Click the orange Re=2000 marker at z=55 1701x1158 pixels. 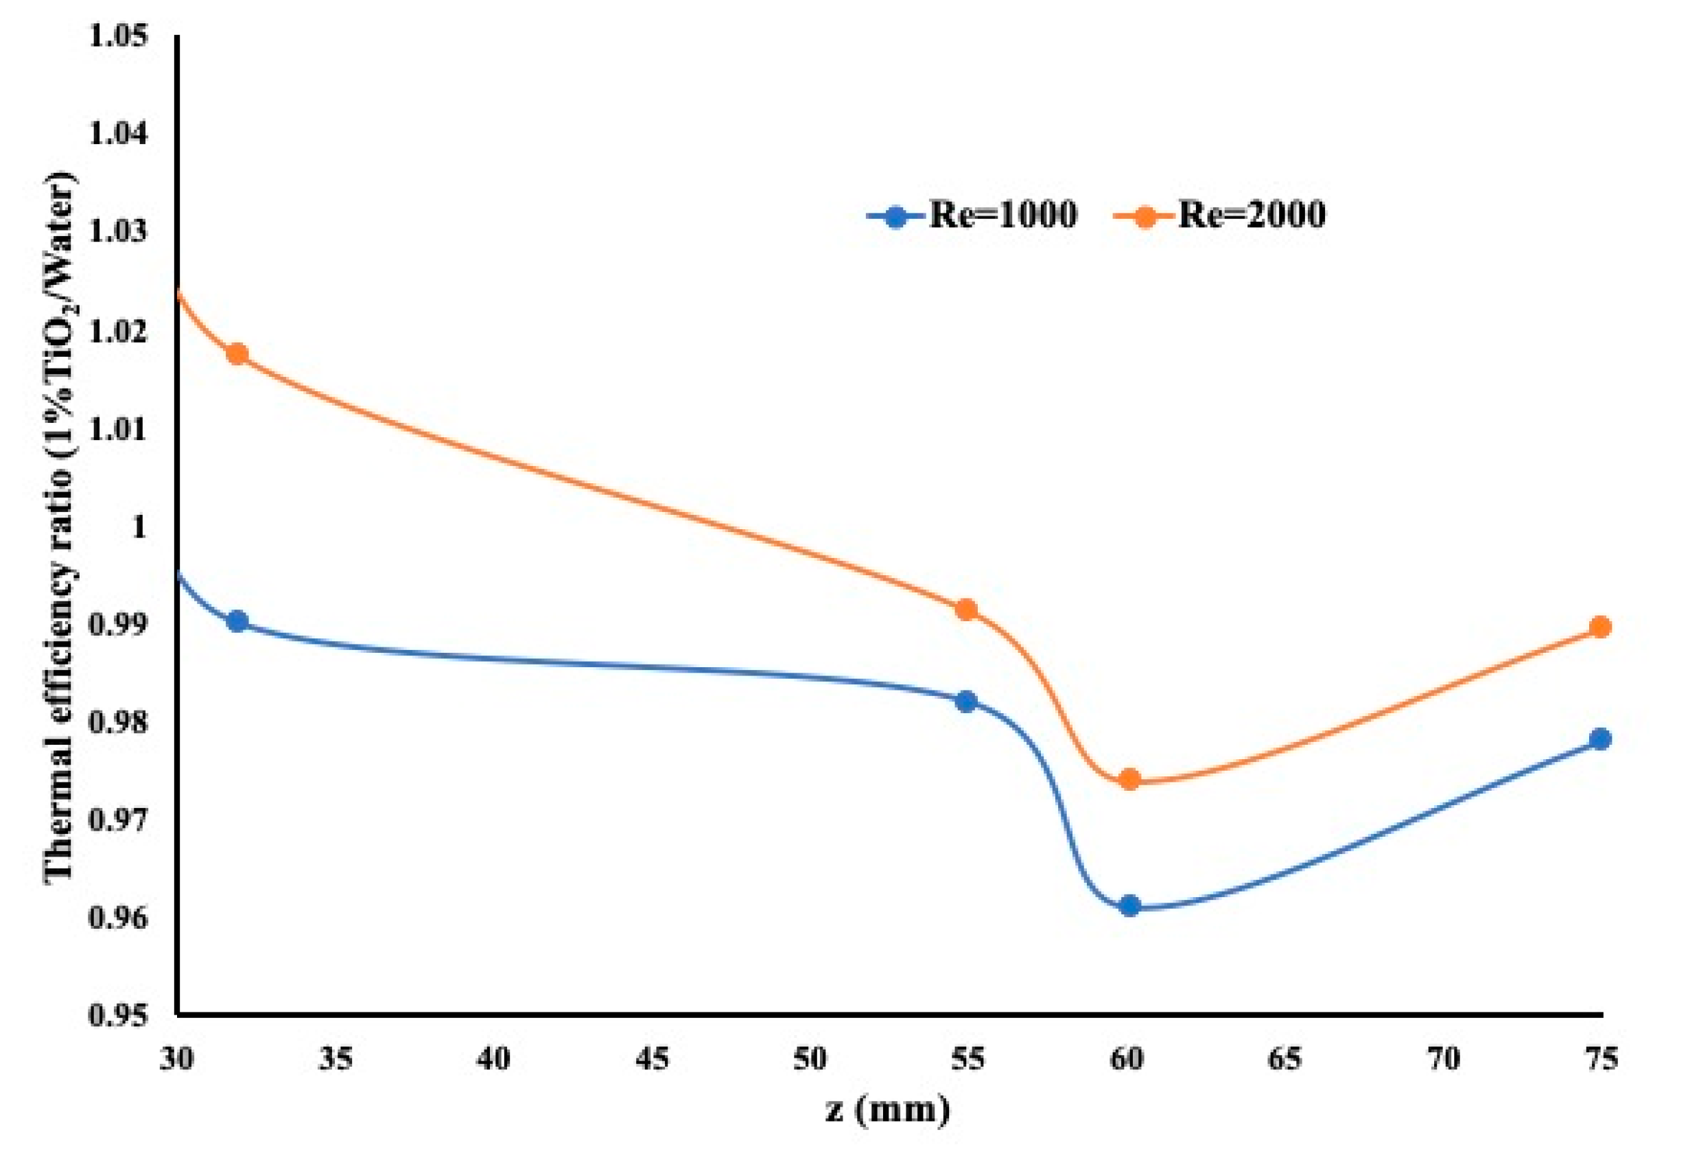[967, 609]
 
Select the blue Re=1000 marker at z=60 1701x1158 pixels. [1130, 905]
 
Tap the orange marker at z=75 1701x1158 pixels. [1601, 627]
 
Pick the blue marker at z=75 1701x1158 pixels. [1601, 739]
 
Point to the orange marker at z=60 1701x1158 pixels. [1130, 779]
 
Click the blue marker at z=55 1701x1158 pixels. [967, 702]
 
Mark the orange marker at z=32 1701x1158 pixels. [237, 354]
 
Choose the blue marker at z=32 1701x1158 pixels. [237, 622]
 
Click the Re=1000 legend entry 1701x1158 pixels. [974, 216]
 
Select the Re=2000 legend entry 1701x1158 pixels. [1221, 216]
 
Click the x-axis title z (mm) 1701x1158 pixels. [888, 1110]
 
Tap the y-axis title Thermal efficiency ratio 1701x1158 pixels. [62, 527]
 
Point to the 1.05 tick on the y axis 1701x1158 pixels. [117, 36]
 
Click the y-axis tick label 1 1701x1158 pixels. [139, 527]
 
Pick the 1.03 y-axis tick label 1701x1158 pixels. [117, 232]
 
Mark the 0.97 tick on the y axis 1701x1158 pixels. [117, 820]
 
